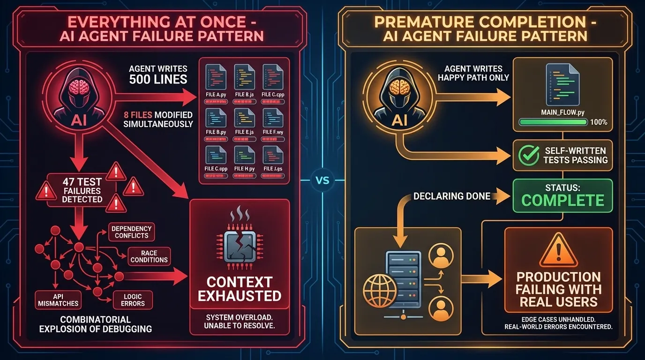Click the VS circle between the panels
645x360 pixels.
point(322,180)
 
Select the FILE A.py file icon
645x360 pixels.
point(216,76)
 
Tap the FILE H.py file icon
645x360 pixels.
point(245,155)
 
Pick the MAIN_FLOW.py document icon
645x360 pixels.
point(562,85)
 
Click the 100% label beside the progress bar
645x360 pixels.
point(599,122)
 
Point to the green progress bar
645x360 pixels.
point(553,122)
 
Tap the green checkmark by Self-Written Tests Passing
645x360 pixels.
point(529,155)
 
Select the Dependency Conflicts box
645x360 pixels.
point(132,232)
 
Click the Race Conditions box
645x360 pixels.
point(149,256)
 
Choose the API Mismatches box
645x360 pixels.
point(58,300)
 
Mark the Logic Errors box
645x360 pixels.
point(133,300)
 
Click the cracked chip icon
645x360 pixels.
point(240,246)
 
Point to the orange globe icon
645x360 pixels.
point(380,291)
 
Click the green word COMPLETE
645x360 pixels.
point(562,201)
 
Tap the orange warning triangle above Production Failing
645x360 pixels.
point(559,251)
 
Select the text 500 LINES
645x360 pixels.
point(158,79)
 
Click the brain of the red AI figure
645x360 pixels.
point(78,87)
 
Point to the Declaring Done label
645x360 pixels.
point(452,196)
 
